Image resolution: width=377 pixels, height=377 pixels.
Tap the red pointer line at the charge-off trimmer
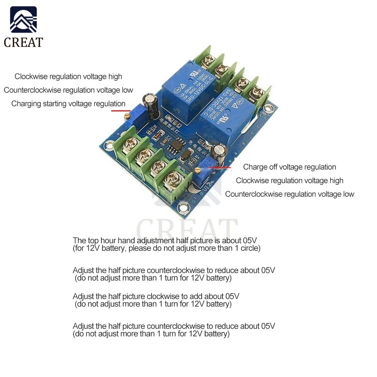(x=220, y=167)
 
